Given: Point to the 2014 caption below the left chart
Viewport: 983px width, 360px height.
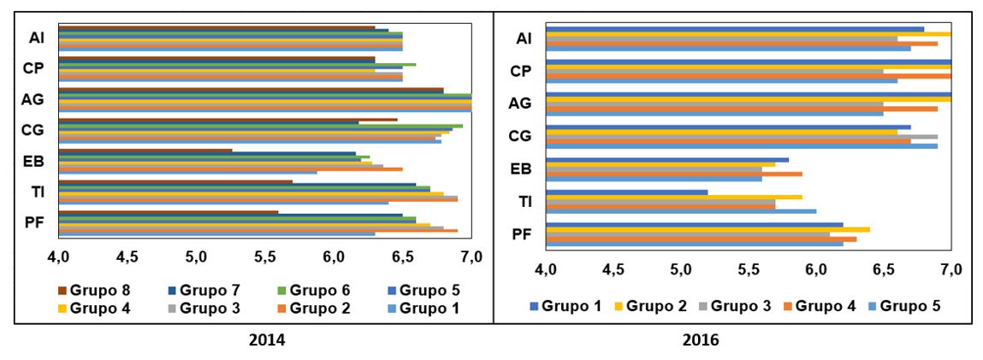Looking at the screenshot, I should coord(267,340).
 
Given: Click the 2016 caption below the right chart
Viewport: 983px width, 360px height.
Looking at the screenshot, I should coord(701,340).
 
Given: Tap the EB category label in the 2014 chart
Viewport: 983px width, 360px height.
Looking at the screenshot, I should coord(37,160).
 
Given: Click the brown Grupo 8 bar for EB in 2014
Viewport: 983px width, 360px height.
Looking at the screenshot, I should coord(145,150).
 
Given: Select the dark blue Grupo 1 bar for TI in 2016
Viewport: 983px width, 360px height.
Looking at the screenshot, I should coord(626,192).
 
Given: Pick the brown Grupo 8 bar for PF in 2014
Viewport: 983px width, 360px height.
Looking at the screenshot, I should coord(168,212).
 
